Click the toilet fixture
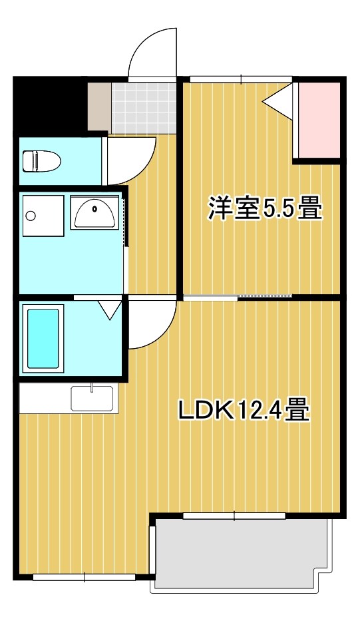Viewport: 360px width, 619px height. point(41,161)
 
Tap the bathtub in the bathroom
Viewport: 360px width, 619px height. point(43,339)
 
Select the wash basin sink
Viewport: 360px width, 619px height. point(94,213)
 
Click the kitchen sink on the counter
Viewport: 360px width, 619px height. point(92,399)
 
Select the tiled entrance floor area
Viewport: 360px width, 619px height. point(144,107)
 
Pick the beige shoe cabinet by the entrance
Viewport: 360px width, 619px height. point(99,106)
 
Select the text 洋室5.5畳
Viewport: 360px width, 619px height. point(265,208)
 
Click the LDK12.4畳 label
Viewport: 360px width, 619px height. point(244,410)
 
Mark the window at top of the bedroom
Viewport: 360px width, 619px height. point(240,79)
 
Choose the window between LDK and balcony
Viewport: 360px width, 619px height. point(234,515)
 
